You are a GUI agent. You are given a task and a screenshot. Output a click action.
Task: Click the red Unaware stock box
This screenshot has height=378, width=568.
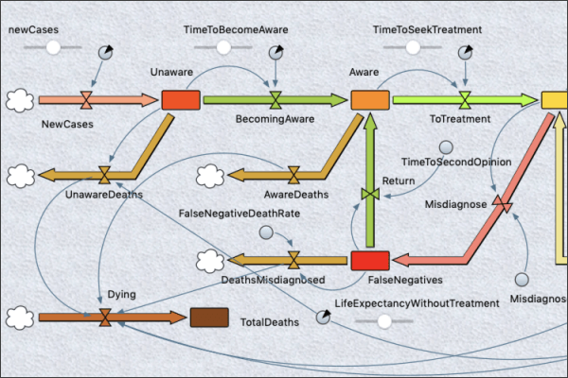pyautogui.click(x=180, y=99)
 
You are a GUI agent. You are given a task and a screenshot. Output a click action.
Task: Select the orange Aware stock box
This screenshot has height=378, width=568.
pyautogui.click(x=370, y=99)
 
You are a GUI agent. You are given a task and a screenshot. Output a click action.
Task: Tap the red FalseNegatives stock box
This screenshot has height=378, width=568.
pyautogui.click(x=369, y=261)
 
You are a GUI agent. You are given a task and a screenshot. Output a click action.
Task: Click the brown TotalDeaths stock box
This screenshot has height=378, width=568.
pyautogui.click(x=208, y=318)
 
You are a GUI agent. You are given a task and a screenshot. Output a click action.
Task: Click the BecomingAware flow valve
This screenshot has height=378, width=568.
pyautogui.click(x=275, y=99)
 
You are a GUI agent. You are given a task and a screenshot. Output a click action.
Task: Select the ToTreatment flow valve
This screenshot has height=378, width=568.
pyautogui.click(x=466, y=99)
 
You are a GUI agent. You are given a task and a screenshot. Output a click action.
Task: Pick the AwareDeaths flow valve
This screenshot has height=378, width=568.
pyautogui.click(x=294, y=175)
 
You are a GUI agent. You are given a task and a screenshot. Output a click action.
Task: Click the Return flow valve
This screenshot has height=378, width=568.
pyautogui.click(x=370, y=194)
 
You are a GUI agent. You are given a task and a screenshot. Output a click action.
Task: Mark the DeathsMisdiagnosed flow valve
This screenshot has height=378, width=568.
pyautogui.click(x=294, y=260)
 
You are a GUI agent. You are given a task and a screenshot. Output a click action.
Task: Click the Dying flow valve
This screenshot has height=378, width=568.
pyautogui.click(x=104, y=318)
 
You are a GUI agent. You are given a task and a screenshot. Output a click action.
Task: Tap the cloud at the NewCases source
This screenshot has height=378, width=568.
pyautogui.click(x=20, y=99)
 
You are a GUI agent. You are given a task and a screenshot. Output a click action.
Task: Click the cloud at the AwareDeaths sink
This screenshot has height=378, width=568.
pyautogui.click(x=210, y=175)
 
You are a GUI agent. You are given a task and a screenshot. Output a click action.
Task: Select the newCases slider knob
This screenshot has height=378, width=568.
pyautogui.click(x=53, y=47)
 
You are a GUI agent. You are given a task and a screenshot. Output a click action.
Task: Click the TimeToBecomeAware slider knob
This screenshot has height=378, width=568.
pyautogui.click(x=223, y=47)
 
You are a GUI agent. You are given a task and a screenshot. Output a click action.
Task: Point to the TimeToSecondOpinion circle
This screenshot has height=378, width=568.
pyautogui.click(x=446, y=147)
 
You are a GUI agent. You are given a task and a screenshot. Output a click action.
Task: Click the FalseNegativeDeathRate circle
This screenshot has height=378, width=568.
pyautogui.click(x=267, y=233)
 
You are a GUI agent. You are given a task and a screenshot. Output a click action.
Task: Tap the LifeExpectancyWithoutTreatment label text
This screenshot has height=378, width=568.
pyautogui.click(x=417, y=303)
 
